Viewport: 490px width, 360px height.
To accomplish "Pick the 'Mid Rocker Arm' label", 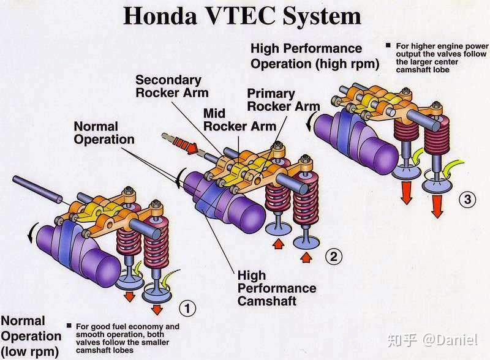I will coord(232,120).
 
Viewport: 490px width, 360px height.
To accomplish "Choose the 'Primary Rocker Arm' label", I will coord(282,99).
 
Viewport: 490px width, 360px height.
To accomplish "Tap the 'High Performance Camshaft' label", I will coord(276,288).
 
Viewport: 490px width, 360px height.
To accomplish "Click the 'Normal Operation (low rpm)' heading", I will coord(31,336).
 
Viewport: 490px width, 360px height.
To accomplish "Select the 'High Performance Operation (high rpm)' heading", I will coord(315,56).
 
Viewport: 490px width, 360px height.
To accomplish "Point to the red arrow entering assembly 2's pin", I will coord(190,147).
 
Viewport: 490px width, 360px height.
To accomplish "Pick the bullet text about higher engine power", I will coord(439,58).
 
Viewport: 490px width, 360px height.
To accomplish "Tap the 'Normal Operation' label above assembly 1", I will coord(104,132).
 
